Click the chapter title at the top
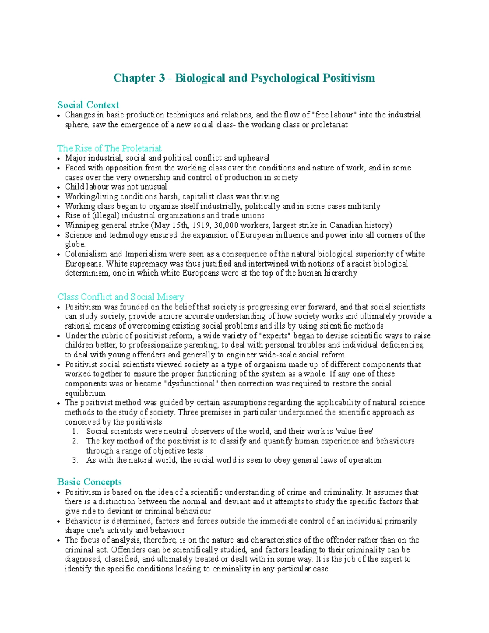(244, 78)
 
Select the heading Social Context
(88, 105)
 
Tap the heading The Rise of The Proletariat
(109, 148)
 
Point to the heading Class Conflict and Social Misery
(121, 296)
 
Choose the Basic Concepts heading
(90, 482)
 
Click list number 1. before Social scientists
(75, 431)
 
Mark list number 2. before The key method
(75, 441)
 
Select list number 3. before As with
(75, 460)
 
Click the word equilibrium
(85, 393)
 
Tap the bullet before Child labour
(59, 187)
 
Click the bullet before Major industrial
(59, 159)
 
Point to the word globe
(75, 245)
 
